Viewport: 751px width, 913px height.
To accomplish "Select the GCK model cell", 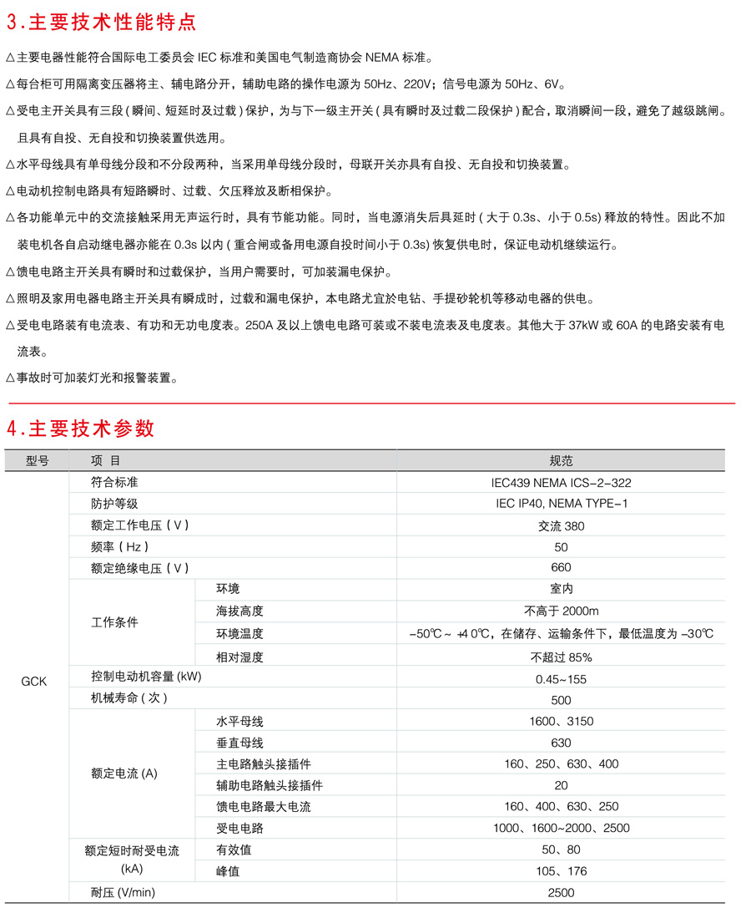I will (x=33, y=681).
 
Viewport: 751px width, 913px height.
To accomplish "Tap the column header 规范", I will (x=561, y=461).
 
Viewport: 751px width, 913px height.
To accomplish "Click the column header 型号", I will (x=38, y=461).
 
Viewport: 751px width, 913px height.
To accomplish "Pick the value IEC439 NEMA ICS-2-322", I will (x=561, y=483).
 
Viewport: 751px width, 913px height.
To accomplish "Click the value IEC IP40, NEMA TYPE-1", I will (x=561, y=504).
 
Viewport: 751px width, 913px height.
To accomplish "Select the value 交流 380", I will (x=561, y=525).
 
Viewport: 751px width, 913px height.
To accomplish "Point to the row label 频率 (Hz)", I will (x=120, y=547).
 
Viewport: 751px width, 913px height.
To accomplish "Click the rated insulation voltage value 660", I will (x=561, y=568).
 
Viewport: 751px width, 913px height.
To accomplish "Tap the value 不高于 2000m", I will (x=561, y=611).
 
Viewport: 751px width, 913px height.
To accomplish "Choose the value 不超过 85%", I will (x=561, y=657).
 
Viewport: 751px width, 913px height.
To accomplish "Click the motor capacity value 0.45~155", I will (x=561, y=678).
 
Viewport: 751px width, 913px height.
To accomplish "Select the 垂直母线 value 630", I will (x=561, y=743).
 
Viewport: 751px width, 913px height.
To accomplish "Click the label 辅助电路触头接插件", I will (x=270, y=785).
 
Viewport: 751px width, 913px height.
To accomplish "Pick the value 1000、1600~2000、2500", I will (x=561, y=829).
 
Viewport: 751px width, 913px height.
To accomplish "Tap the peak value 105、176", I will (x=561, y=871).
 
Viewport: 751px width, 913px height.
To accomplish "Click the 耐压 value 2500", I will (x=561, y=893).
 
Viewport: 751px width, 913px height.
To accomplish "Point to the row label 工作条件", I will (x=114, y=623).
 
